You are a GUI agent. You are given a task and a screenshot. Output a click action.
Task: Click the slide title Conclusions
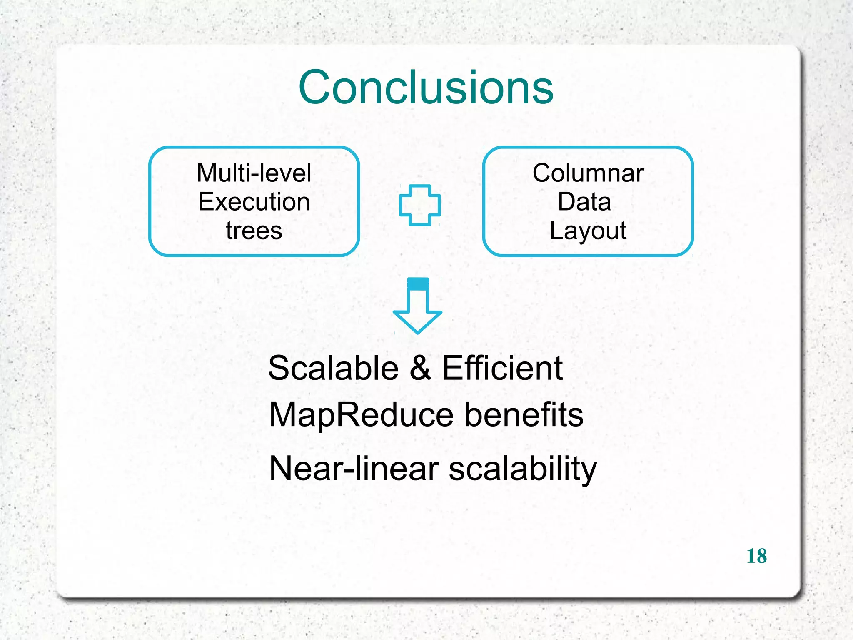click(x=426, y=87)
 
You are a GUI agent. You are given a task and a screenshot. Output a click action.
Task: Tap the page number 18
click(x=756, y=556)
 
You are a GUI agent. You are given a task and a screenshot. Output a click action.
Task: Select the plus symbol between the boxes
click(x=419, y=205)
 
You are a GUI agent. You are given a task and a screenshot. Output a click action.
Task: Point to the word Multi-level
click(x=254, y=173)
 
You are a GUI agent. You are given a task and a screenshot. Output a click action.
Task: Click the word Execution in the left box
click(x=254, y=202)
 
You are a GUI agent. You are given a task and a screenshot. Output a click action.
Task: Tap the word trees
click(x=254, y=231)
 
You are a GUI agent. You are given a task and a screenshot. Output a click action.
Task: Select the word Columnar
click(x=588, y=173)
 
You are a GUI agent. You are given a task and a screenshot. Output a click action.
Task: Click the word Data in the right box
click(x=584, y=202)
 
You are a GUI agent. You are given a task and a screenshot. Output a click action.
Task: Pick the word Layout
click(x=588, y=231)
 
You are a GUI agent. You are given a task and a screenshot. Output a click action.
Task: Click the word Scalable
click(x=333, y=368)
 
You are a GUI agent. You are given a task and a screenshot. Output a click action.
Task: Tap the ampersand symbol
click(x=420, y=368)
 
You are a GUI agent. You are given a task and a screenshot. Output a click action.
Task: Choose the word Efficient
click(x=502, y=368)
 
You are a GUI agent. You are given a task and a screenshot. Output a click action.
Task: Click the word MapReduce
click(x=361, y=415)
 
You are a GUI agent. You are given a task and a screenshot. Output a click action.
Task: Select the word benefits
click(x=524, y=415)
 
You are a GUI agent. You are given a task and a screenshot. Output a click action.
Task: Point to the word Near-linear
click(x=354, y=469)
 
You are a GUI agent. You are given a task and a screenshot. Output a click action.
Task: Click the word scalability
click(x=523, y=469)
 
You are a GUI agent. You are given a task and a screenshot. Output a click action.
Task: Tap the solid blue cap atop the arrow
click(x=418, y=284)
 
